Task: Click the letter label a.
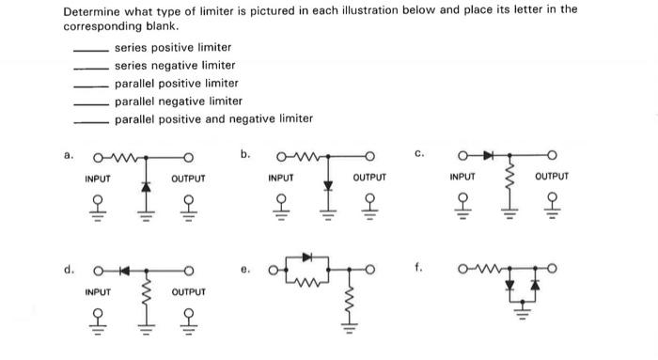[67, 155]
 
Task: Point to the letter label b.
[245, 153]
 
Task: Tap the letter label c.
[420, 153]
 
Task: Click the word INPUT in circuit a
[97, 179]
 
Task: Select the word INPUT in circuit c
[462, 177]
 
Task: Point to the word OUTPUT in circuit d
[189, 292]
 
